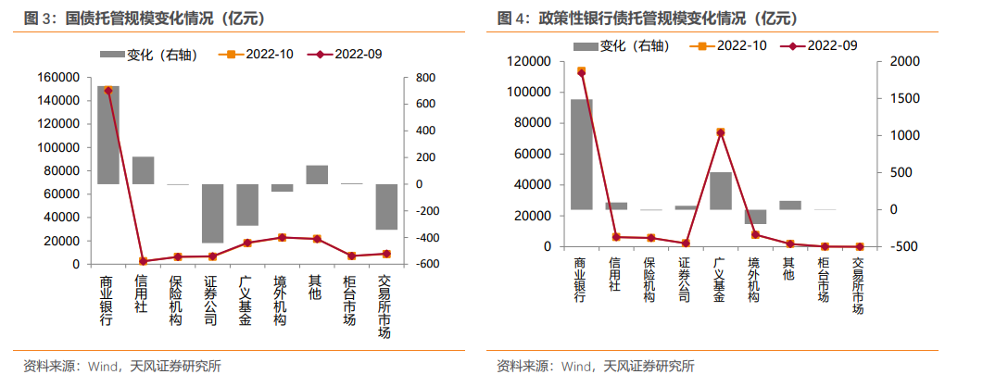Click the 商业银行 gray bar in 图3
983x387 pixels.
coord(108,134)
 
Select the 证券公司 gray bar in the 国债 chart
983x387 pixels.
coord(212,213)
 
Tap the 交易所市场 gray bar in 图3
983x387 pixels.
coord(386,206)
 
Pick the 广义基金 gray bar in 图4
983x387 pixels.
coord(720,191)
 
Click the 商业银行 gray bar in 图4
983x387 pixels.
coord(582,154)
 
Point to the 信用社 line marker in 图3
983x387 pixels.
coord(143,261)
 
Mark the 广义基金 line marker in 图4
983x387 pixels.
coord(720,132)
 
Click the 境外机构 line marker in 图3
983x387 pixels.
coord(282,238)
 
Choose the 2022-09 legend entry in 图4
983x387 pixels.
coord(819,44)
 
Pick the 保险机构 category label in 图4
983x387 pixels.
coord(650,280)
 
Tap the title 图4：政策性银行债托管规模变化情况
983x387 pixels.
coord(649,19)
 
